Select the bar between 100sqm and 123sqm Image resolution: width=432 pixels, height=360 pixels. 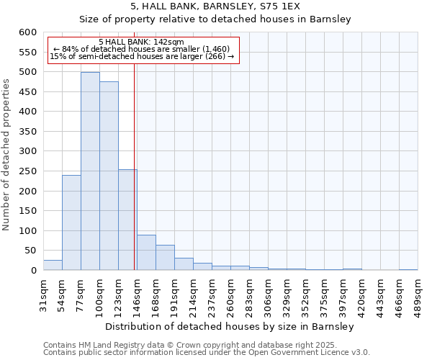[109, 176]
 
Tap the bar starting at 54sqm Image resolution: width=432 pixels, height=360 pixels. [71, 222]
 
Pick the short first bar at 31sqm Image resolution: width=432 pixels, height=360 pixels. [53, 265]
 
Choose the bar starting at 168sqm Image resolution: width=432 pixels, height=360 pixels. [165, 258]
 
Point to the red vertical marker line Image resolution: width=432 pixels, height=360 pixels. [135, 166]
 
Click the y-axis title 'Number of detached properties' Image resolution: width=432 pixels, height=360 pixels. [7, 155]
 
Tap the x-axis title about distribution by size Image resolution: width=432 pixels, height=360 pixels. [230, 327]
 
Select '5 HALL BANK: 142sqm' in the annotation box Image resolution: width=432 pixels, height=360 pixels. [141, 42]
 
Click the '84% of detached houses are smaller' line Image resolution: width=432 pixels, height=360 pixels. [141, 49]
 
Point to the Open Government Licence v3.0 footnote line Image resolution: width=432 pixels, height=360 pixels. [207, 353]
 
